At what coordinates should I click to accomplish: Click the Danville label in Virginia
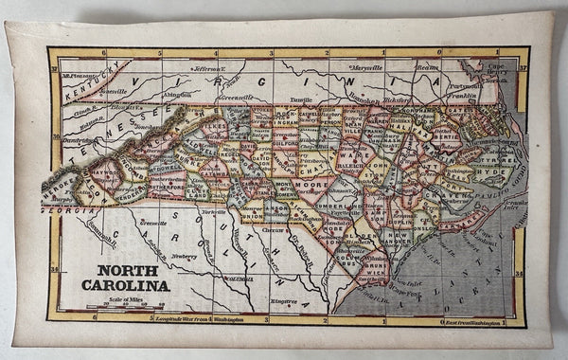click(300, 98)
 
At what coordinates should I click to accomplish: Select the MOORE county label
click(311, 184)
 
